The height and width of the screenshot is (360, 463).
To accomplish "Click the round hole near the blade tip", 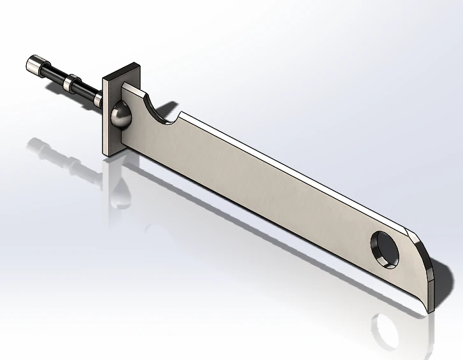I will click(386, 248).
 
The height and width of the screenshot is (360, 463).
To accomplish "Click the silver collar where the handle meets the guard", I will click(97, 100).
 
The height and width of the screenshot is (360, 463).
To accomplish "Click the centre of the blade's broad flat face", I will click(267, 191).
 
